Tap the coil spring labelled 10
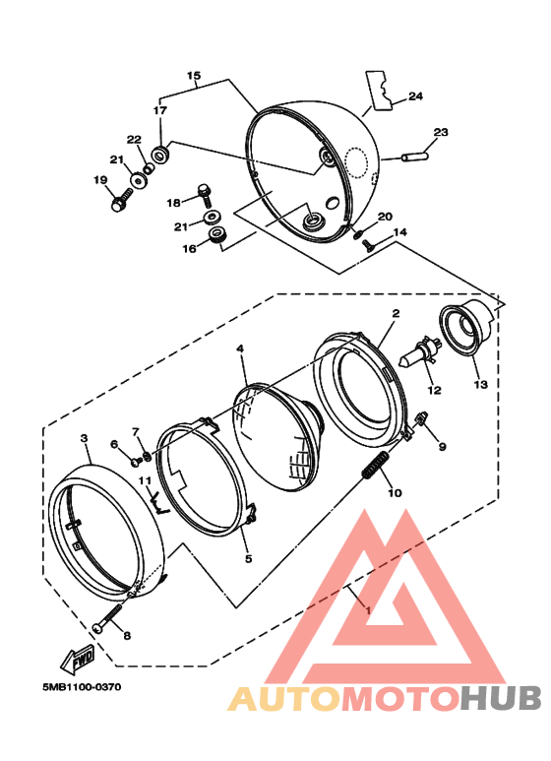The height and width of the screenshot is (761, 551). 376,465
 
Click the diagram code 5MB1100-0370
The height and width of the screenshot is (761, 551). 82,687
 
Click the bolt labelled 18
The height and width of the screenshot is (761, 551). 206,194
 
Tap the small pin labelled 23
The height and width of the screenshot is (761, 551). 414,157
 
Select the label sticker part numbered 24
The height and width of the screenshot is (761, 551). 379,90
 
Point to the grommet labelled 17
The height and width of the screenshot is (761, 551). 159,156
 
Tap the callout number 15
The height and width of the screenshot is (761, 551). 194,76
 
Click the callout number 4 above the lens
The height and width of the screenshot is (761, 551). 240,349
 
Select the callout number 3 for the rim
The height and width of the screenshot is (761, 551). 85,438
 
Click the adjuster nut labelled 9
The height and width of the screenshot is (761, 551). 421,418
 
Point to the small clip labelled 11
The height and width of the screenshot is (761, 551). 158,503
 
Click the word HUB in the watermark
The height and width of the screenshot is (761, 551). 501,698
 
